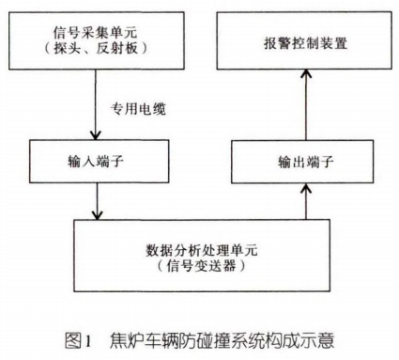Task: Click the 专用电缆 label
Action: [137, 109]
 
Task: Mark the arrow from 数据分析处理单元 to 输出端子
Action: [302, 199]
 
